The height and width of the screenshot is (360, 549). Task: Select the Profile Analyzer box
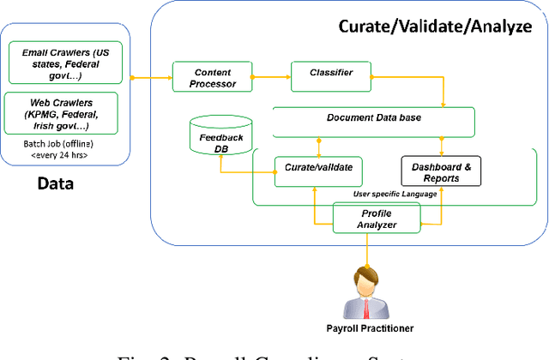coord(377,218)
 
